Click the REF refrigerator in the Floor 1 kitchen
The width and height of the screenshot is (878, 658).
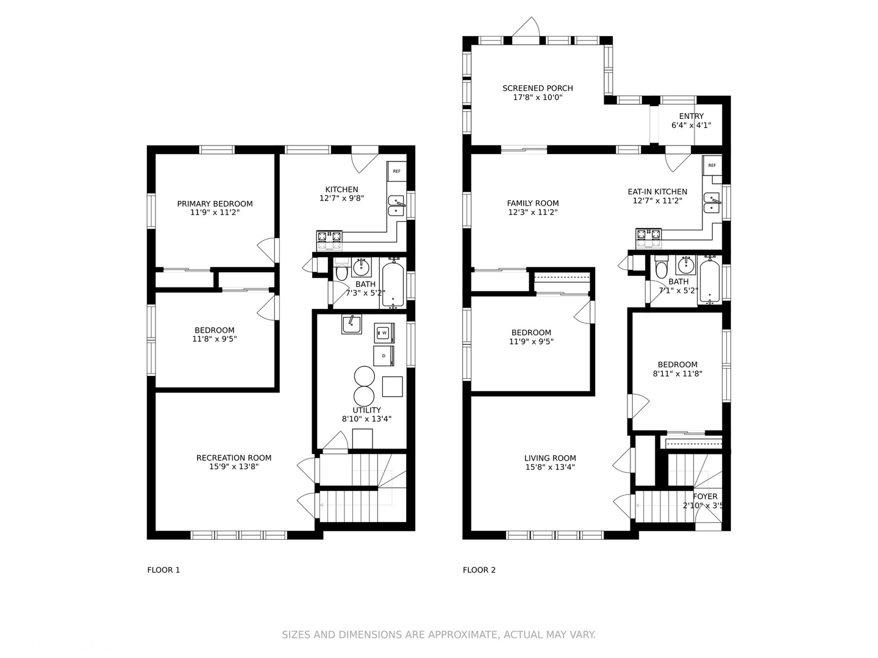tap(396, 171)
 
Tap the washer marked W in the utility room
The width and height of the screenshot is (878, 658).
tap(384, 333)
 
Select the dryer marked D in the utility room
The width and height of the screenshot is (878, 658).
tap(384, 356)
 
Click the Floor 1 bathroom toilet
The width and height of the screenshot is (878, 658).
tap(341, 270)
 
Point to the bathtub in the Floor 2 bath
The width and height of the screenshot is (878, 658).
tap(710, 281)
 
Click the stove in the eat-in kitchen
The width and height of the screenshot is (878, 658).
tap(648, 238)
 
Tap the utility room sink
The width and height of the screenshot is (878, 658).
tap(352, 324)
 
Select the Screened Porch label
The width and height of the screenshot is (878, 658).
tap(538, 88)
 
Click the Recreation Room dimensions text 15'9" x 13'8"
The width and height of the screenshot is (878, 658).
tap(234, 466)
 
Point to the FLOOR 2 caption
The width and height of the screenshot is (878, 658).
tap(479, 570)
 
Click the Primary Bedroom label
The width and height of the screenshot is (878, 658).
tap(215, 203)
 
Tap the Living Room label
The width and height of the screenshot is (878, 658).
tap(550, 458)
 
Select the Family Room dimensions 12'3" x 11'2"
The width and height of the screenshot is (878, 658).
tap(533, 212)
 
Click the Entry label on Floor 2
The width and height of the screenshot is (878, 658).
tap(691, 116)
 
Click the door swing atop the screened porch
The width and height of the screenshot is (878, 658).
tap(526, 27)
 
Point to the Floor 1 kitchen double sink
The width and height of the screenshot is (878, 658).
tap(396, 206)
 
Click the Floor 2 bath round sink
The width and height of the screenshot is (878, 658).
tap(686, 265)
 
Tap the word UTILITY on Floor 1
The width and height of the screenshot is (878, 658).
tap(367, 410)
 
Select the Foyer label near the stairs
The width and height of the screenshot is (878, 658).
tap(705, 496)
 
